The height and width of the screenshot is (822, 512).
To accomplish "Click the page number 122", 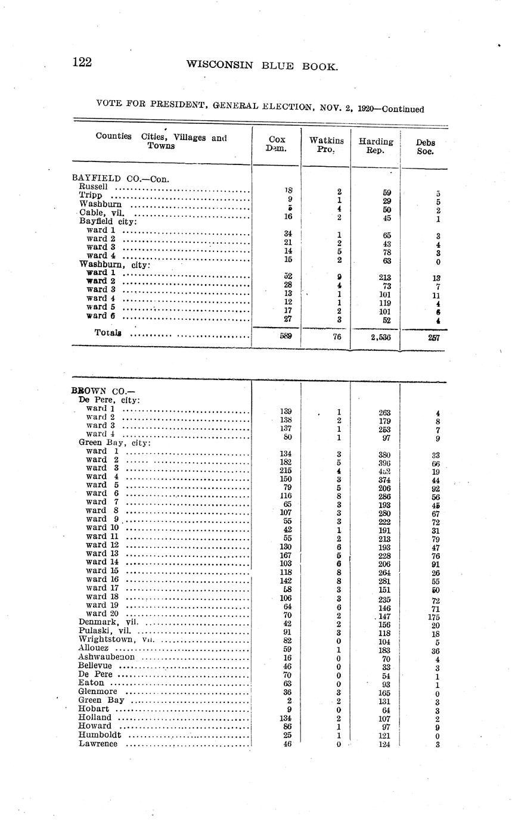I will click(x=82, y=63).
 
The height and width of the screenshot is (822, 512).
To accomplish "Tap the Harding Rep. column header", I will click(x=376, y=146).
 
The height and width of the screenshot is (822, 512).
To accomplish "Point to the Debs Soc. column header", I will click(x=426, y=147).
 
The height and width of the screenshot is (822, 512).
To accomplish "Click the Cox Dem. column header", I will click(x=277, y=144).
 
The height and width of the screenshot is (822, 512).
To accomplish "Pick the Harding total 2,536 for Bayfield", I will click(x=376, y=337).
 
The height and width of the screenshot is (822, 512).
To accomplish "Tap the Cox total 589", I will click(x=286, y=336).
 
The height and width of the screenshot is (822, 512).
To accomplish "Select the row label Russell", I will click(x=94, y=186).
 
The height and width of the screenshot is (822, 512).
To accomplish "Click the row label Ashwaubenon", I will click(x=107, y=656).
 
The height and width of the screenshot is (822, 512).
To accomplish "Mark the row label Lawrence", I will click(x=98, y=743).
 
